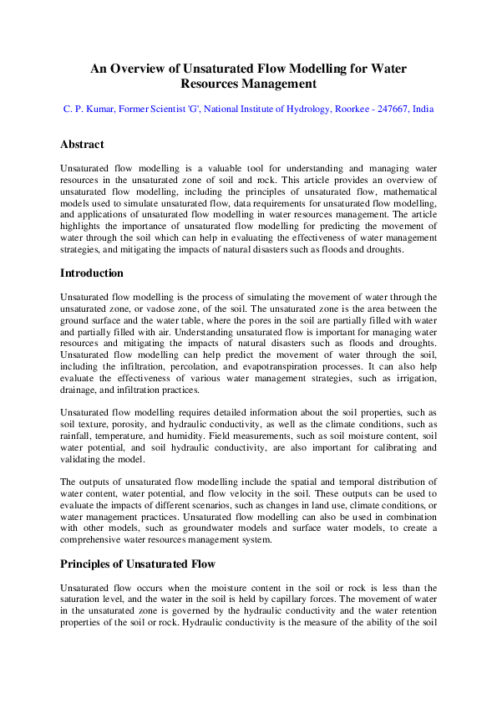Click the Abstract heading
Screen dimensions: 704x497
click(x=82, y=145)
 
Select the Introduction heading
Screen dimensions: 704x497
click(x=92, y=273)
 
